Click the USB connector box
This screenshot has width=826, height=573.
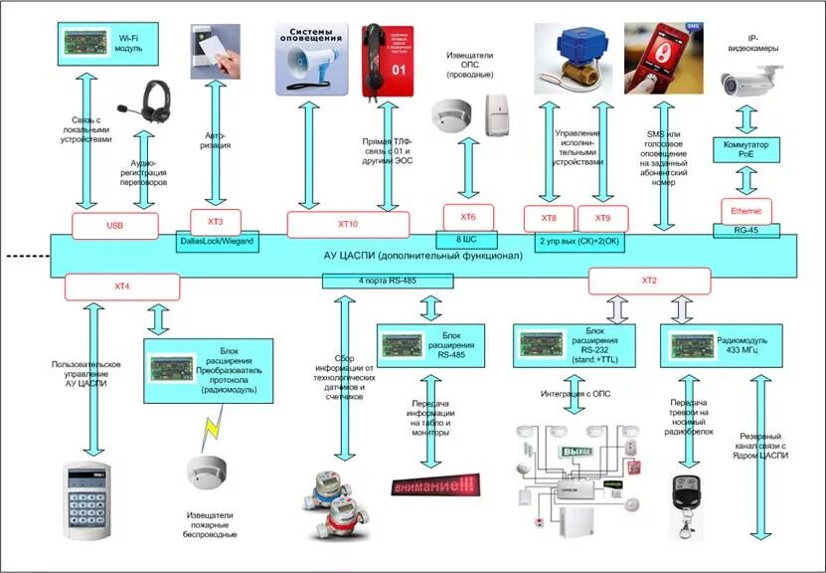click(115, 225)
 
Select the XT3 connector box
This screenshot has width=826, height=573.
click(216, 221)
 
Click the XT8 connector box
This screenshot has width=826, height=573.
click(549, 218)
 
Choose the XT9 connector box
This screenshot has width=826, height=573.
click(602, 218)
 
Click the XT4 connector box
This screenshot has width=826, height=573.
click(122, 287)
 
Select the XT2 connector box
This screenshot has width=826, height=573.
click(649, 282)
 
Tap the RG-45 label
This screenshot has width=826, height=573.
click(746, 230)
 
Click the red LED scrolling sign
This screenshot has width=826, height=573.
click(435, 486)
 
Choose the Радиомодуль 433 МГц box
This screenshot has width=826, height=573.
click(714, 348)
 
